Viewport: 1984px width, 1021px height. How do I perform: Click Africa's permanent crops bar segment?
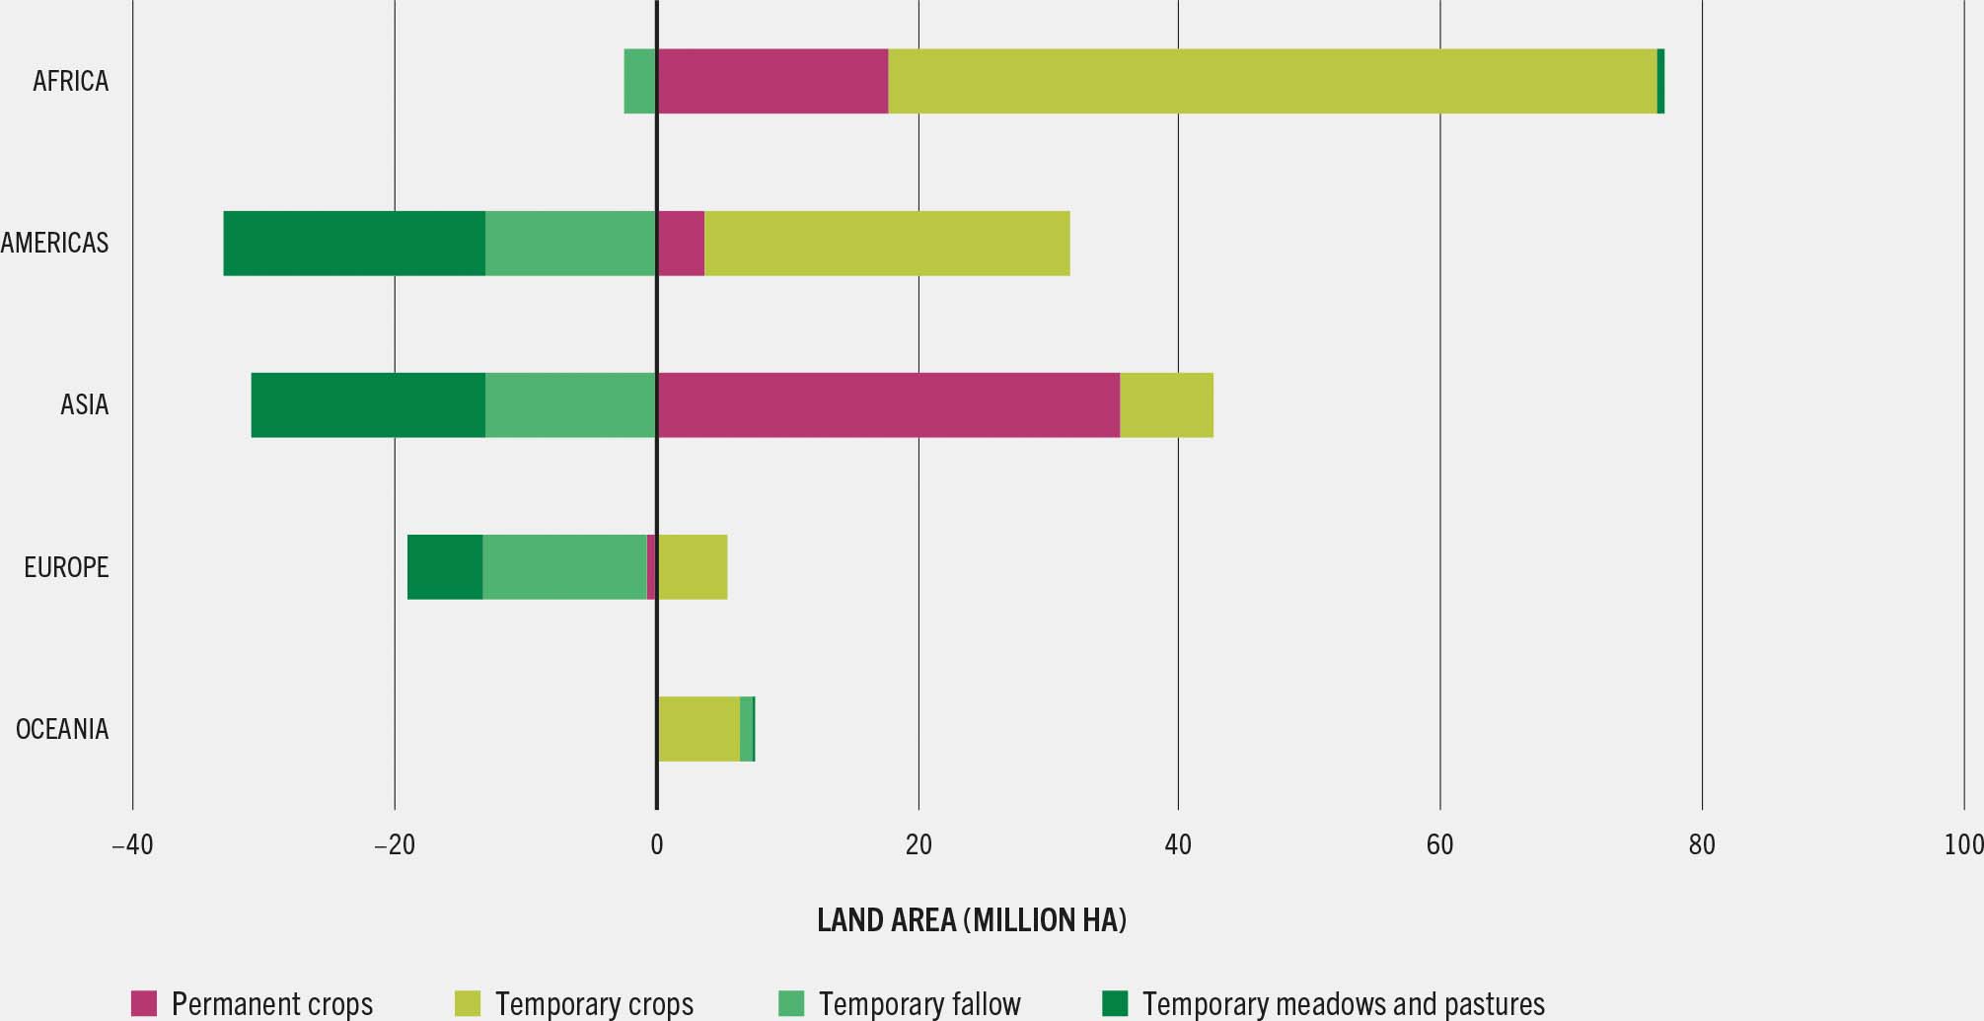coord(772,81)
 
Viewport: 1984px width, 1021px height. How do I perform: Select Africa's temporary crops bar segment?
coord(1273,81)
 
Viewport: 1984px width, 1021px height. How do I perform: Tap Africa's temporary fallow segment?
coord(640,81)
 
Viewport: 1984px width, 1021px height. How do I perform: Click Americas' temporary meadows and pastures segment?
coord(354,243)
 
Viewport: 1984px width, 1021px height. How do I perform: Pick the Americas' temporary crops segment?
coord(887,243)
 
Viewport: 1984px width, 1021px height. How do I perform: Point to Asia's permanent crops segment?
coord(888,404)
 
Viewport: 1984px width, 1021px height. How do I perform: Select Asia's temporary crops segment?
coord(1166,404)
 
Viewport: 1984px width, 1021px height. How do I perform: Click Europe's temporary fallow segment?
coord(564,567)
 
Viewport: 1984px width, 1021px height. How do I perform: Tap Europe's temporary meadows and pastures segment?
coord(445,567)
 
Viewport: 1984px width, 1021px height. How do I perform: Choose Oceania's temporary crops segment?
coord(698,729)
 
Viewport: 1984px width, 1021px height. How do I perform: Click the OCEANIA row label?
coord(62,730)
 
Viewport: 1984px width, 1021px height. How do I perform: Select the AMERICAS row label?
coord(54,243)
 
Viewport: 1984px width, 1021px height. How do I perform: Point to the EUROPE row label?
coord(66,567)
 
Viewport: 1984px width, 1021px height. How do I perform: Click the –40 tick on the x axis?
coord(132,845)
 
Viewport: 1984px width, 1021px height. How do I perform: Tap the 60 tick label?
coord(1439,845)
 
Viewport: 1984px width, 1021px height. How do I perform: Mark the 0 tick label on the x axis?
coord(656,845)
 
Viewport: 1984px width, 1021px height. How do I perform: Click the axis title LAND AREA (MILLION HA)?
coord(971,920)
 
